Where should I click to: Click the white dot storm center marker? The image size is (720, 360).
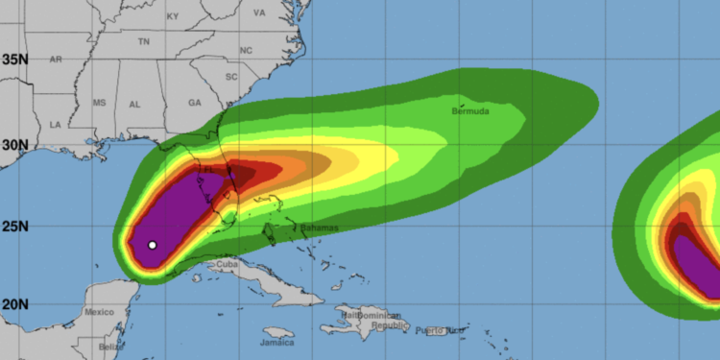(x=152, y=245)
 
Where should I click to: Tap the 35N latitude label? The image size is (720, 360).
(x=14, y=60)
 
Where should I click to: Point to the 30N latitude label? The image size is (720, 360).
(x=14, y=145)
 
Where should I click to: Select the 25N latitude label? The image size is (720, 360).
(x=14, y=228)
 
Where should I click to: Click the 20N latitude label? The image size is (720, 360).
(x=14, y=304)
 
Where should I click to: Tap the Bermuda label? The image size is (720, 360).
(x=470, y=112)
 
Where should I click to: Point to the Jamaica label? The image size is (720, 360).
(x=277, y=342)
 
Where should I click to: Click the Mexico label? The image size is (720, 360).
(x=99, y=313)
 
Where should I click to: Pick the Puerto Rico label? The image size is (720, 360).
(x=439, y=330)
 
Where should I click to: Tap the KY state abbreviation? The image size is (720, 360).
(x=173, y=16)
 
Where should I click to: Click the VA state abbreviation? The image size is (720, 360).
(x=259, y=13)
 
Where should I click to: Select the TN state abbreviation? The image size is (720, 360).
(x=144, y=42)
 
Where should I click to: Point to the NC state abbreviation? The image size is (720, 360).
(x=246, y=50)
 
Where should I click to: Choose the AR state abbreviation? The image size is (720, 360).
(x=56, y=60)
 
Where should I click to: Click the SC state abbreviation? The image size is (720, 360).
(x=230, y=76)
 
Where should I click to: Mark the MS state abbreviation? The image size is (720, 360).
(x=99, y=102)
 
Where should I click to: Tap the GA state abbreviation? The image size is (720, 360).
(x=195, y=102)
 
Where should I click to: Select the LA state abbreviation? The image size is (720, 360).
(x=55, y=125)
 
